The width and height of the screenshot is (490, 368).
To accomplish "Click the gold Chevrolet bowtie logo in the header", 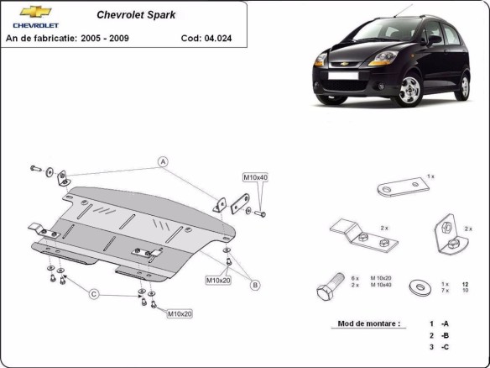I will [36, 12].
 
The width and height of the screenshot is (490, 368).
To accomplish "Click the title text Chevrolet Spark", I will [131, 15].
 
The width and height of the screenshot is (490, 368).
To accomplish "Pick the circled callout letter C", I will [94, 293].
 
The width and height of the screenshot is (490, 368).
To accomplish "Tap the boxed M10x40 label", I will [255, 177].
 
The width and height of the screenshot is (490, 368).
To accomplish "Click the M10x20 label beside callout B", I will [217, 280].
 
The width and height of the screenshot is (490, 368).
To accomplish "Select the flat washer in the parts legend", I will [417, 288].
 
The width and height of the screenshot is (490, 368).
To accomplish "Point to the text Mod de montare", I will [368, 323].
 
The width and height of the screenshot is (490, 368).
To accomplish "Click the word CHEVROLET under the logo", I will [35, 25].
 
